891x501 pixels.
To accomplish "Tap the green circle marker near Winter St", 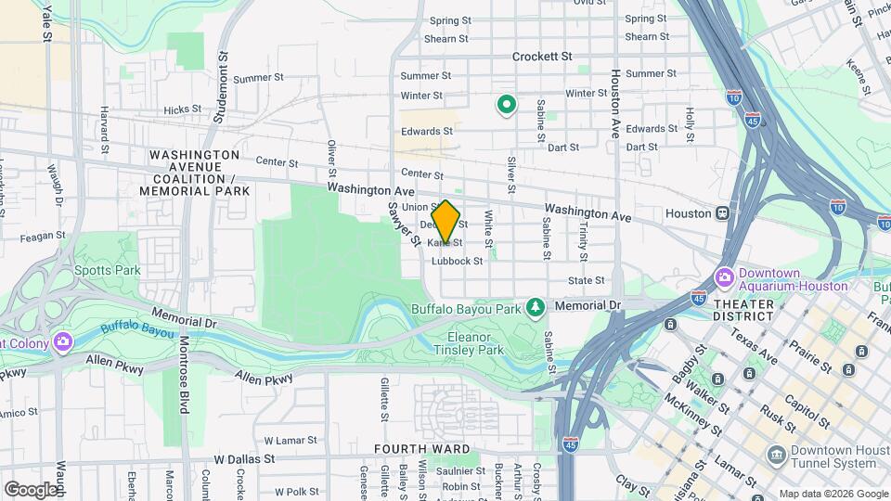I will tap(507, 105).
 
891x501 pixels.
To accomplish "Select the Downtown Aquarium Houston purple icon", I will tap(725, 277).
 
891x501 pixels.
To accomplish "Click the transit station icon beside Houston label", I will tap(723, 213).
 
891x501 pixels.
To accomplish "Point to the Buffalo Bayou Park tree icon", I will tap(535, 306).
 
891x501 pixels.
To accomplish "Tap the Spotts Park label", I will tap(116, 270).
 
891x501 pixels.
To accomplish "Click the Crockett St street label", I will tap(542, 57).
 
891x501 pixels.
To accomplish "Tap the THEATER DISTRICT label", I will tap(744, 311).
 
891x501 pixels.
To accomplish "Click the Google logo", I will tap(31, 489).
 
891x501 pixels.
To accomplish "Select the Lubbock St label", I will tap(457, 262).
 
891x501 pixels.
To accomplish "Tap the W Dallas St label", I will tap(245, 459).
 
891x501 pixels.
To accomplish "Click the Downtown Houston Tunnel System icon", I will tap(776, 455).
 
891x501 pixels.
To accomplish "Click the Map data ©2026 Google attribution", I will tap(833, 494).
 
